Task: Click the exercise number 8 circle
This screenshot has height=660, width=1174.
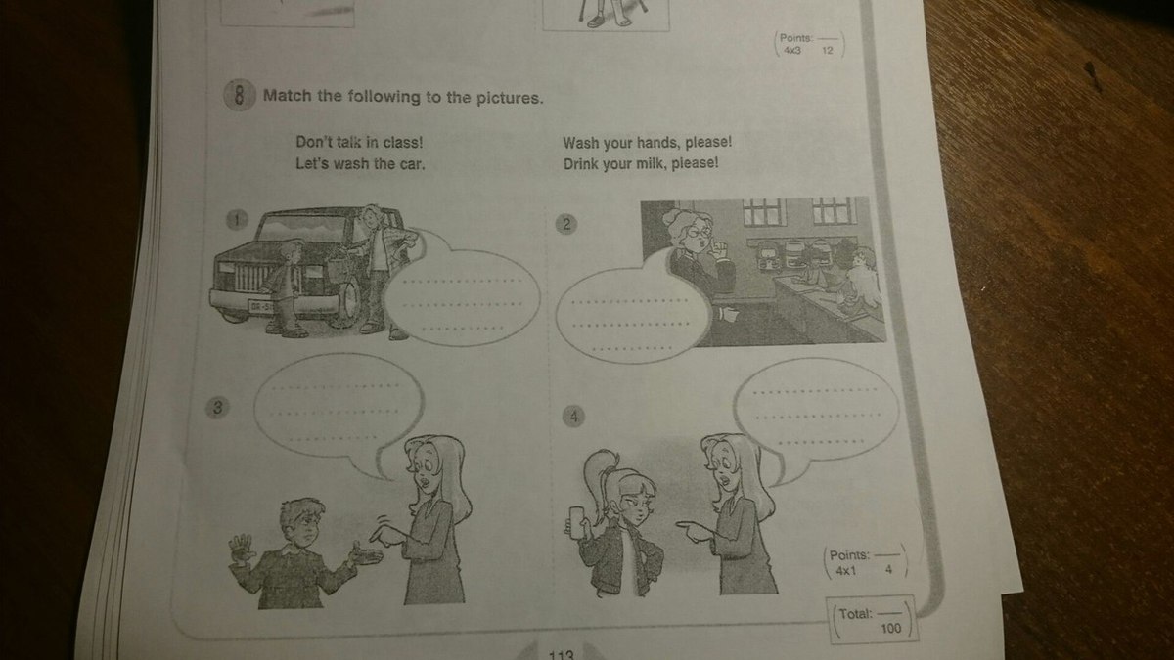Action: tap(239, 95)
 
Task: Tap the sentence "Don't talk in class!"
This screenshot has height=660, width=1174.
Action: tap(359, 142)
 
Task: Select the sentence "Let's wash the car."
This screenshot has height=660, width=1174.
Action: tap(360, 164)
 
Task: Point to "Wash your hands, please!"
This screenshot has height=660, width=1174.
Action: tap(648, 143)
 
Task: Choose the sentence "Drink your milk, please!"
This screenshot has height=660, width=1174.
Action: tap(641, 164)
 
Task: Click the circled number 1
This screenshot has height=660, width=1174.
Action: tap(237, 220)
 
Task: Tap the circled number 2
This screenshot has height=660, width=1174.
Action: tap(566, 224)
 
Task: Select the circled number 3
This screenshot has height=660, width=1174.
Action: tap(218, 407)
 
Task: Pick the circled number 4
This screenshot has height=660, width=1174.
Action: tap(574, 417)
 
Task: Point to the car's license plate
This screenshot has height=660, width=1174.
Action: tap(260, 305)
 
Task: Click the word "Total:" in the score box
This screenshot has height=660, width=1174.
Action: tap(856, 613)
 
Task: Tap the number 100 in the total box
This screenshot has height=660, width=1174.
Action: tap(890, 628)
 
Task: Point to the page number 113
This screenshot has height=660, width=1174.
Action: tap(561, 655)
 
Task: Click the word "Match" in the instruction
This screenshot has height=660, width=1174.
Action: tap(287, 96)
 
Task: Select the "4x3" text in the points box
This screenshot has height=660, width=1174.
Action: tap(791, 51)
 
